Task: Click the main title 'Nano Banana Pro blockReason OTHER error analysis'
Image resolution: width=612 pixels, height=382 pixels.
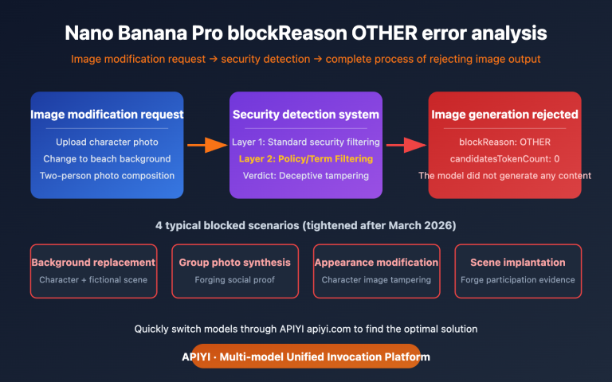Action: pyautogui.click(x=306, y=34)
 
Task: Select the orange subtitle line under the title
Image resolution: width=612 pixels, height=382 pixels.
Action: pyautogui.click(x=306, y=60)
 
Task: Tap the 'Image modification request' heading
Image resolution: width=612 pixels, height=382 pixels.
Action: pyautogui.click(x=107, y=115)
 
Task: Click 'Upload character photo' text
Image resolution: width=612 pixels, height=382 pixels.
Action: pyautogui.click(x=107, y=142)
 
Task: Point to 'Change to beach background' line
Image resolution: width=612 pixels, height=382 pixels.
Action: pyautogui.click(x=107, y=158)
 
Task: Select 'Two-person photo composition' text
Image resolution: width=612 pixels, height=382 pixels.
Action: pyautogui.click(x=107, y=175)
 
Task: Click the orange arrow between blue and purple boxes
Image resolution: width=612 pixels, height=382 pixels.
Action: pyautogui.click(x=206, y=145)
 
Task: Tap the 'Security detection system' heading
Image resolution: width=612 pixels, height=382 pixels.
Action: pyautogui.click(x=306, y=115)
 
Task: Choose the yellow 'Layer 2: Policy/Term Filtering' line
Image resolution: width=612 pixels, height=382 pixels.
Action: pyautogui.click(x=306, y=158)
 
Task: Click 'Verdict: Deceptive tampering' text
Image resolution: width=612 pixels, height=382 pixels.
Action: pyautogui.click(x=306, y=175)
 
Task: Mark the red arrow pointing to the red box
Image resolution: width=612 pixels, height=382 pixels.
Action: pyautogui.click(x=406, y=145)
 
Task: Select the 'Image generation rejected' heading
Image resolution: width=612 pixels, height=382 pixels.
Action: pyautogui.click(x=505, y=115)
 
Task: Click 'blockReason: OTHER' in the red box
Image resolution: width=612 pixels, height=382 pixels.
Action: pyautogui.click(x=505, y=142)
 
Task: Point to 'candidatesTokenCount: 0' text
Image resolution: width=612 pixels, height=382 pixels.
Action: pyautogui.click(x=505, y=158)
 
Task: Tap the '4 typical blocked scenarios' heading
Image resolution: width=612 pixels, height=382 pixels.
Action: pyautogui.click(x=306, y=226)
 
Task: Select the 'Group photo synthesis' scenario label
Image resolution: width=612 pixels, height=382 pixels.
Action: pyautogui.click(x=234, y=262)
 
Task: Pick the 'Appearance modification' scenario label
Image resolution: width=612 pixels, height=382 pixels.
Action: pyautogui.click(x=376, y=262)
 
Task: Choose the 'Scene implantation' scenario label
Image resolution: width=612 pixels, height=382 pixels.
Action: pyautogui.click(x=518, y=262)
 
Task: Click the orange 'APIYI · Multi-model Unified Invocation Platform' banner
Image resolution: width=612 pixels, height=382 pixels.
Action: pyautogui.click(x=306, y=357)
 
